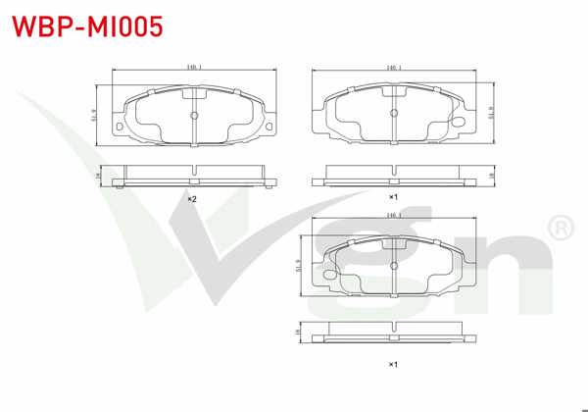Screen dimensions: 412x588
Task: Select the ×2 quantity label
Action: pyautogui.click(x=193, y=199)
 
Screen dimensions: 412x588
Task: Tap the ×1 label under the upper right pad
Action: pyautogui.click(x=392, y=198)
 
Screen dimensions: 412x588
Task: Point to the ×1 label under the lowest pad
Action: pyautogui.click(x=392, y=365)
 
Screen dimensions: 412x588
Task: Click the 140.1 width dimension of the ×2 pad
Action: pyautogui.click(x=193, y=68)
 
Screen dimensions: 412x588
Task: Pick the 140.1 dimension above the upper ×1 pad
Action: pyautogui.click(x=394, y=68)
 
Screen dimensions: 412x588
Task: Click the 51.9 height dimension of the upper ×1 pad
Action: pyautogui.click(x=489, y=114)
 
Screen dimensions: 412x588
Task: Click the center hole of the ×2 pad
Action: pyautogui.click(x=193, y=114)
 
